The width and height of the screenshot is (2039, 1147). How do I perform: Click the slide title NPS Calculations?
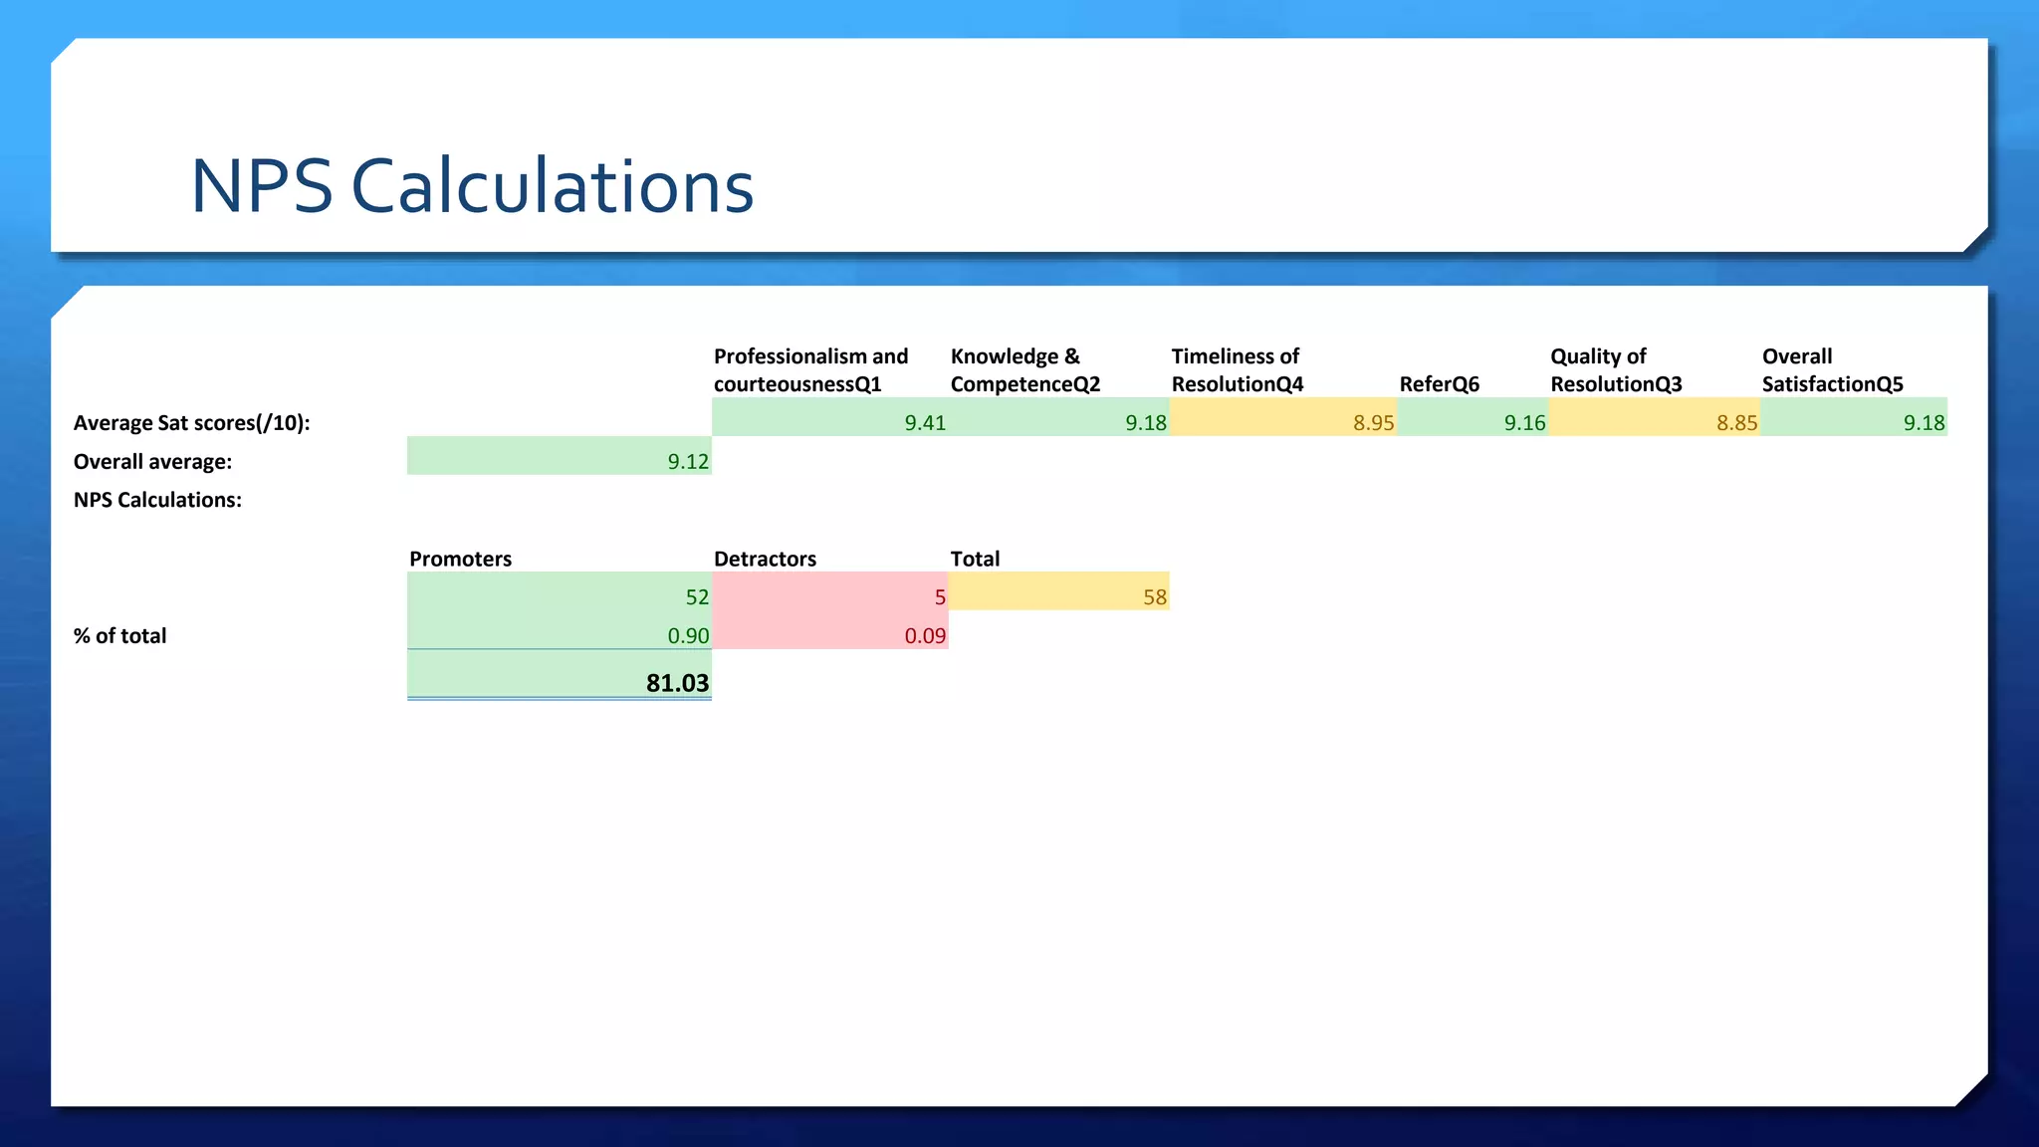click(472, 186)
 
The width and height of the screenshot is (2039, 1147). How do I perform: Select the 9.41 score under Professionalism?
click(924, 423)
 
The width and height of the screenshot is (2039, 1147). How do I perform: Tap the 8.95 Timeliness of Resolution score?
click(1373, 423)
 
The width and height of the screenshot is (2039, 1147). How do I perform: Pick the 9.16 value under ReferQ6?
click(1524, 423)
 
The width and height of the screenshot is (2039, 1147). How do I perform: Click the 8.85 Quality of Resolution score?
click(1736, 423)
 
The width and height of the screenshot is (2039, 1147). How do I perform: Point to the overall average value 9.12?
click(687, 462)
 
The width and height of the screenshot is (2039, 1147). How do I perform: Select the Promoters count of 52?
click(697, 597)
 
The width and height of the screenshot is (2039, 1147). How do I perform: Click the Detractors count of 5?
click(939, 597)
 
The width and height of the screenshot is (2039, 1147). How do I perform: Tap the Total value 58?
click(1154, 597)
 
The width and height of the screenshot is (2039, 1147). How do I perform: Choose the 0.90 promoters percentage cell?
click(687, 636)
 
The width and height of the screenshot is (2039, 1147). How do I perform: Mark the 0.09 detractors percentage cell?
click(924, 636)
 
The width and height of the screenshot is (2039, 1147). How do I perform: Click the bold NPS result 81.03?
click(677, 683)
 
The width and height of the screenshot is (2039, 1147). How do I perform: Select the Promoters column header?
click(460, 559)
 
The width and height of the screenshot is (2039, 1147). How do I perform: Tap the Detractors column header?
click(765, 559)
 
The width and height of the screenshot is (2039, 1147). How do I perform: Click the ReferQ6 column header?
click(1439, 384)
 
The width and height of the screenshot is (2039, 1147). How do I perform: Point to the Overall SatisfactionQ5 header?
click(1832, 370)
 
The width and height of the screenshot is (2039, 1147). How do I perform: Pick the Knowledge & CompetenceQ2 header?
click(1024, 370)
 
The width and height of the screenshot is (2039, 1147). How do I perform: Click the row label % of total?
click(119, 636)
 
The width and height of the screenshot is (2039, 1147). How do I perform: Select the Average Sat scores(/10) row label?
click(191, 423)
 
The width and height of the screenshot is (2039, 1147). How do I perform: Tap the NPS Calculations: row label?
click(157, 500)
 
